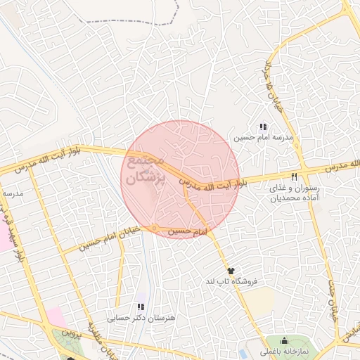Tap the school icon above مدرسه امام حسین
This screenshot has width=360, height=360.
(x=263, y=127)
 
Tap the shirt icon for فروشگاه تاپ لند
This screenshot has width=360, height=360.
(x=230, y=270)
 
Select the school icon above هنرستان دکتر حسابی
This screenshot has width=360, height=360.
(x=140, y=307)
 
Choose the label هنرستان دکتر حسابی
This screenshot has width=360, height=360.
(x=134, y=318)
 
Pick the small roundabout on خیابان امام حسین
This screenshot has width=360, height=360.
(x=155, y=227)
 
